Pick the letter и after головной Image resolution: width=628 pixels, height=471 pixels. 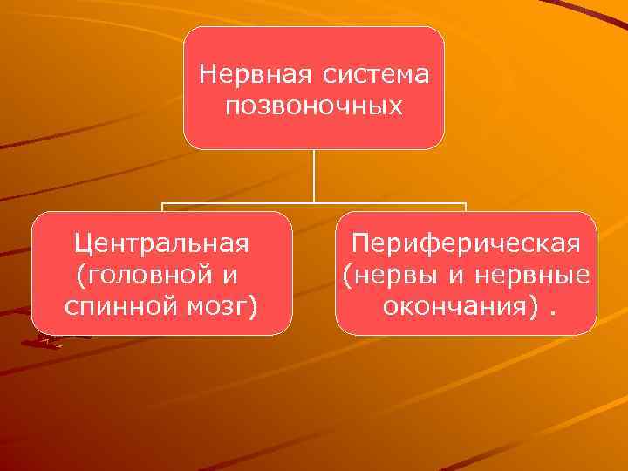[x=230, y=275]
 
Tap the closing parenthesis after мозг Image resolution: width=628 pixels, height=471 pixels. [x=251, y=308]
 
